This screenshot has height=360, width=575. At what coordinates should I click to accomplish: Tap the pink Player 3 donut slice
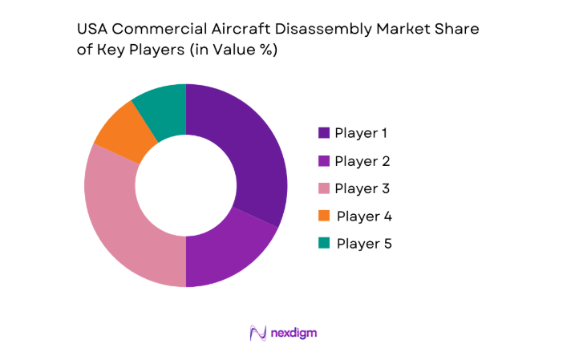point(128,224)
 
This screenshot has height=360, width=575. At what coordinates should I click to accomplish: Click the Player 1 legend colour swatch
point(324,133)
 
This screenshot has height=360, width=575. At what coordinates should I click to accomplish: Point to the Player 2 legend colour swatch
point(324,161)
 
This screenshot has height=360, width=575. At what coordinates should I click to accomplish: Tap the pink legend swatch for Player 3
point(324,188)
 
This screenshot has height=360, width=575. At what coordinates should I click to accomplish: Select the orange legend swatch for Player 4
point(324,216)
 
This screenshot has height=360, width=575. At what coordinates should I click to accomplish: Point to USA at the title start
point(91,29)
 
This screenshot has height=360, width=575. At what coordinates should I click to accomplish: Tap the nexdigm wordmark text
point(300,332)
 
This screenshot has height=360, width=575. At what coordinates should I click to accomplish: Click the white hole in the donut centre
point(185,185)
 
